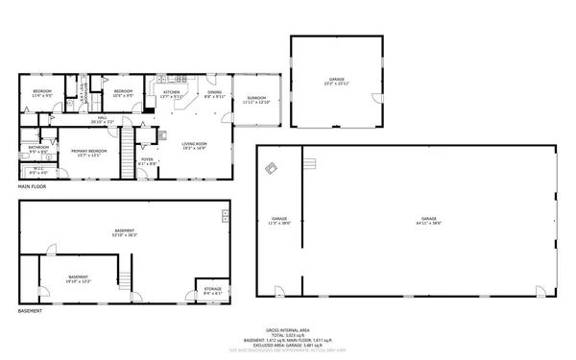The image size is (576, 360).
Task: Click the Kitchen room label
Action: click(172, 94)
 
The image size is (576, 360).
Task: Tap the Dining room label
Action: click(214, 94)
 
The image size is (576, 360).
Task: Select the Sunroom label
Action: click(256, 100)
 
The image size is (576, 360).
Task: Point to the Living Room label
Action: click(195, 146)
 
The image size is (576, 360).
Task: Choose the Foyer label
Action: click(147, 161)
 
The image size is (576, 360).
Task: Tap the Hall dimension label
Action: click(102, 120)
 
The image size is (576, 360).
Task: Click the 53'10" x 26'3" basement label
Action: click(125, 232)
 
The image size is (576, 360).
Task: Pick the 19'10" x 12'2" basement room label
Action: click(78, 279)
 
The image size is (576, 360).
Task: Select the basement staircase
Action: click(124, 281)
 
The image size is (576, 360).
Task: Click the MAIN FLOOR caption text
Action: click(33, 186)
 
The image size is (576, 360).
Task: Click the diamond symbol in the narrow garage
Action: click(272, 169)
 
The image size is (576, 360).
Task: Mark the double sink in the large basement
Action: click(227, 214)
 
